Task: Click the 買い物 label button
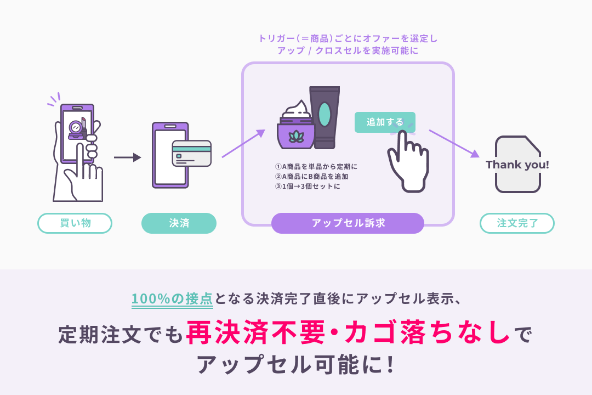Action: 75,223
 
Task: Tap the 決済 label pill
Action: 179,223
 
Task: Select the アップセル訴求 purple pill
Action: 348,223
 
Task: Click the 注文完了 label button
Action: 517,223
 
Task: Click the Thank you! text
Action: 517,165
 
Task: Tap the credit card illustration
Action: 191,154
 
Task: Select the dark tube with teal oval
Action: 325,117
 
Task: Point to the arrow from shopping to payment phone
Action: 127,157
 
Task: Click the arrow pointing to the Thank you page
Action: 453,143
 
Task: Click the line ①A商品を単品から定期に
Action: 316,167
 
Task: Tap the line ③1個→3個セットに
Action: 307,187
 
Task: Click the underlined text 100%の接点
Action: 172,298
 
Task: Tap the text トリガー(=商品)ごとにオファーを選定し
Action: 348,39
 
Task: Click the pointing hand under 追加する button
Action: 407,162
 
